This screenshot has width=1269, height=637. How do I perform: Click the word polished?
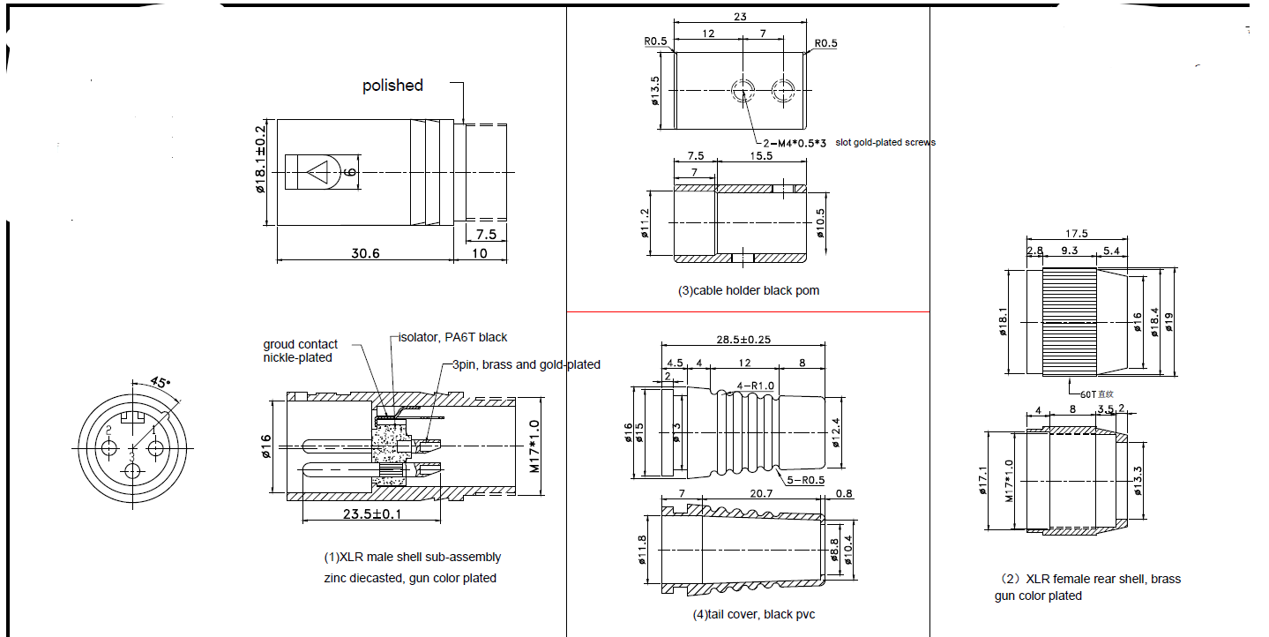[x=392, y=86]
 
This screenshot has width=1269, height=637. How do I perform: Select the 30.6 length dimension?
[x=365, y=252]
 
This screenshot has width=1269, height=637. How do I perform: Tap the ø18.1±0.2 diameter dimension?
[x=261, y=171]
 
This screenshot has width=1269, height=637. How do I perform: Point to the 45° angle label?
[x=160, y=382]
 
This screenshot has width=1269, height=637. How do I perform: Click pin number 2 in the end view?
[x=108, y=431]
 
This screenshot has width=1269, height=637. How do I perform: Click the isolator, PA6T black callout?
[x=452, y=337]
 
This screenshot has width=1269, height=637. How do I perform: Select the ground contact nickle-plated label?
[x=300, y=351]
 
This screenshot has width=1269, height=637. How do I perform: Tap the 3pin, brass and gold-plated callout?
[x=526, y=364]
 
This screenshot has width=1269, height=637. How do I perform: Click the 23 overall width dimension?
[x=741, y=16]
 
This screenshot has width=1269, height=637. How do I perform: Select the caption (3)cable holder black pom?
[x=748, y=290]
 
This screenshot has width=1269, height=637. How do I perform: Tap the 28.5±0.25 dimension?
[x=743, y=340]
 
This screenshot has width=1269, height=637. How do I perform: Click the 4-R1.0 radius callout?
[x=755, y=386]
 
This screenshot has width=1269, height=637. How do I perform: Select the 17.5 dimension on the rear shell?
[x=1076, y=234]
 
